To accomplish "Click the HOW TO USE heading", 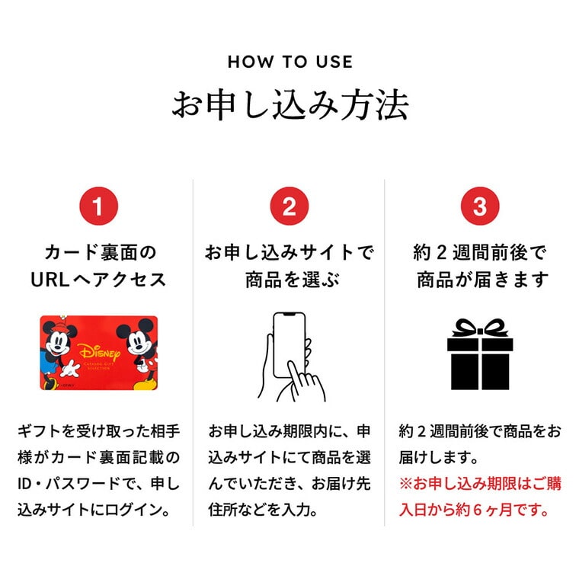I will click(289, 62).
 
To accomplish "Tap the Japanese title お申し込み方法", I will click(289, 105).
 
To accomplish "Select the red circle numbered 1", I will click(98, 206).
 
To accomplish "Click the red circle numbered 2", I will click(289, 206).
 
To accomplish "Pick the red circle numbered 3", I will click(479, 206).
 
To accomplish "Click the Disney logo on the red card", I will click(98, 352).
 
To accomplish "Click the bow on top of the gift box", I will click(480, 330).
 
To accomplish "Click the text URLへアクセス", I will click(98, 280).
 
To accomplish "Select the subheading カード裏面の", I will click(98, 252).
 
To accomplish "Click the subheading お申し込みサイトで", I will click(289, 252).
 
